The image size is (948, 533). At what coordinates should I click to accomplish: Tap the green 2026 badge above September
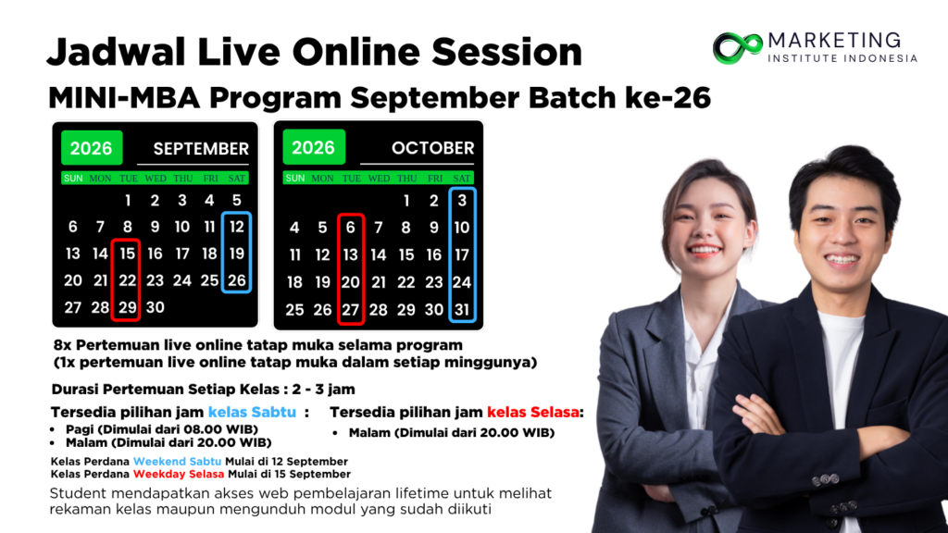point(92,148)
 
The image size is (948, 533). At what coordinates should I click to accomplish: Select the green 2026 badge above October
point(314,147)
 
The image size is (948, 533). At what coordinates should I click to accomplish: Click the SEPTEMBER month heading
point(201,149)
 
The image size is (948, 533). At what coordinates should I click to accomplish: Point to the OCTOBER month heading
point(433,148)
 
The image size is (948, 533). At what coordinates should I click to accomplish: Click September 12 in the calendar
point(236,227)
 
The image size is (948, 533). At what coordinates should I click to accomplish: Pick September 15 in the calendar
point(127,254)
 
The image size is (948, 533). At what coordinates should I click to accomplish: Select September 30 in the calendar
point(155,307)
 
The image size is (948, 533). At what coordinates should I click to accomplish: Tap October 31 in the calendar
point(462,309)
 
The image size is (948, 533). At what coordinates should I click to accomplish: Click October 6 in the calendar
point(351,228)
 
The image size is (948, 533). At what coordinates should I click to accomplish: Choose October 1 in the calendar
point(406,201)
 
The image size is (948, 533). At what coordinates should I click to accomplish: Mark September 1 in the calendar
point(128,200)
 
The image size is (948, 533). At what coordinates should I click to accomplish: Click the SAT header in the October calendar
point(461,179)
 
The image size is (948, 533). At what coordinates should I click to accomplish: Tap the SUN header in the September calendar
point(73,179)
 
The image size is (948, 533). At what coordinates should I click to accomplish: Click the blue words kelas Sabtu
point(252,412)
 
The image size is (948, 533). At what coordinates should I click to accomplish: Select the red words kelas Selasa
point(532,412)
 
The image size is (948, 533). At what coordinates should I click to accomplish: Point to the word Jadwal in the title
point(116,52)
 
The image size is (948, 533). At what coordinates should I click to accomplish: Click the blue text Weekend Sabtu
point(177,461)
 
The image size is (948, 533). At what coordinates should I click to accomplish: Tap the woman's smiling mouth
point(704,250)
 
